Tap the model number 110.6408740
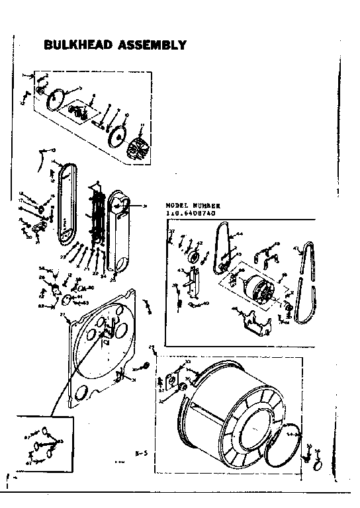(x=193, y=213)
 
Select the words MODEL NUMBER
(x=192, y=206)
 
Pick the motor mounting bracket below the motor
(x=255, y=323)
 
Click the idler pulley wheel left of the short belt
(x=197, y=257)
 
